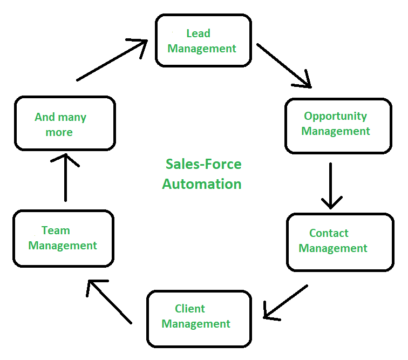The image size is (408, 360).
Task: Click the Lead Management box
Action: tap(203, 40)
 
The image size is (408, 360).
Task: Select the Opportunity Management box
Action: tap(338, 125)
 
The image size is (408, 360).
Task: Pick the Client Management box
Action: tap(199, 318)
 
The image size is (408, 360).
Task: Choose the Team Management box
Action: tap(63, 238)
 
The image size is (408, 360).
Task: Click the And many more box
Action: tap(65, 123)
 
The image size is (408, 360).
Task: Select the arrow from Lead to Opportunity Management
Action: tap(284, 65)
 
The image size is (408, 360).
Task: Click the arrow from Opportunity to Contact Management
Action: tap(330, 186)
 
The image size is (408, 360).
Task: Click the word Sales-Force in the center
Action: tap(203, 164)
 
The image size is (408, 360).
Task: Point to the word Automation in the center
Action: tap(202, 184)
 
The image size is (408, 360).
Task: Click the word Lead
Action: tap(198, 33)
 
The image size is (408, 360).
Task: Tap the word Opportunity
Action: tap(335, 116)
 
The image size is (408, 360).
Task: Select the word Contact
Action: tap(329, 233)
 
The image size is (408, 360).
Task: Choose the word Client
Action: tap(190, 309)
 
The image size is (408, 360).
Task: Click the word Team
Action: tap(56, 230)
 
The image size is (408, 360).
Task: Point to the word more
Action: tap(59, 132)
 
